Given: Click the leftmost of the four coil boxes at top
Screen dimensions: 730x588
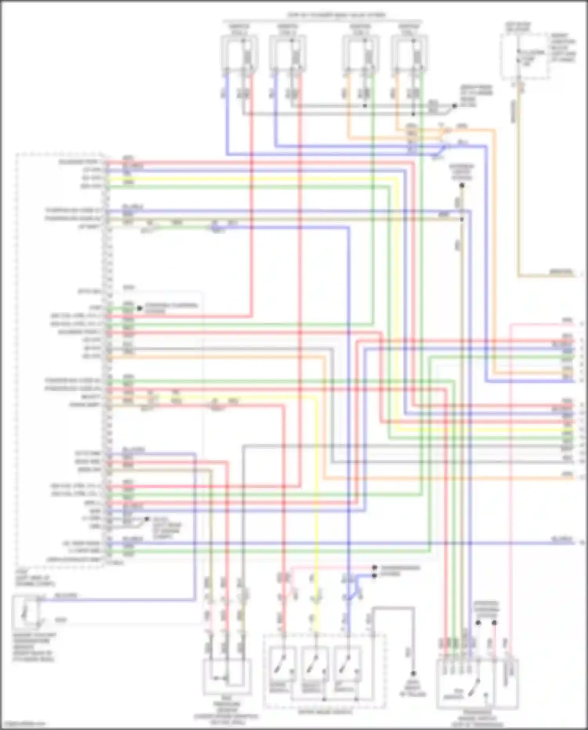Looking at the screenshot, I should (239, 54).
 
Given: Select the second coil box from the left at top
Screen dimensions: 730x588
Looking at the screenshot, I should (288, 54).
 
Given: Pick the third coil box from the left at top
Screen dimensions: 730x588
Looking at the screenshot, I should (361, 54).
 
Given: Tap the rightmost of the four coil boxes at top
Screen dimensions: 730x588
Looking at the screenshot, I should (409, 54).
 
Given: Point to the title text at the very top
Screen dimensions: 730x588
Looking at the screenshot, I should (336, 15).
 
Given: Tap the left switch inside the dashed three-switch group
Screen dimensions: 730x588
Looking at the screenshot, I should (283, 664).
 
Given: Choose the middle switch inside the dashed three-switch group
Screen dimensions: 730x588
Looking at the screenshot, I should (315, 664).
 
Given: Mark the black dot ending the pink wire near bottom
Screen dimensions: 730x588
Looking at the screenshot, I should (374, 568).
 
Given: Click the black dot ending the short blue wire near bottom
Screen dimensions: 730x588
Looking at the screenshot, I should (374, 575).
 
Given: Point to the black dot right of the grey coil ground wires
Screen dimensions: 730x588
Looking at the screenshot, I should (455, 106).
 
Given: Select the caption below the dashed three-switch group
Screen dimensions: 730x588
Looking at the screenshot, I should (324, 711).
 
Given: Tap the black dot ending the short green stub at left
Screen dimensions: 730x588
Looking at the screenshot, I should (139, 308).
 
